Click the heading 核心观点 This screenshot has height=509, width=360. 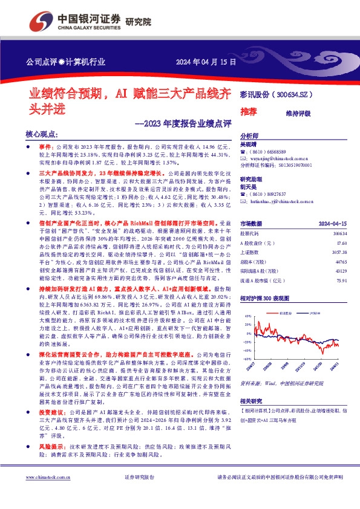(x=42, y=134)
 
